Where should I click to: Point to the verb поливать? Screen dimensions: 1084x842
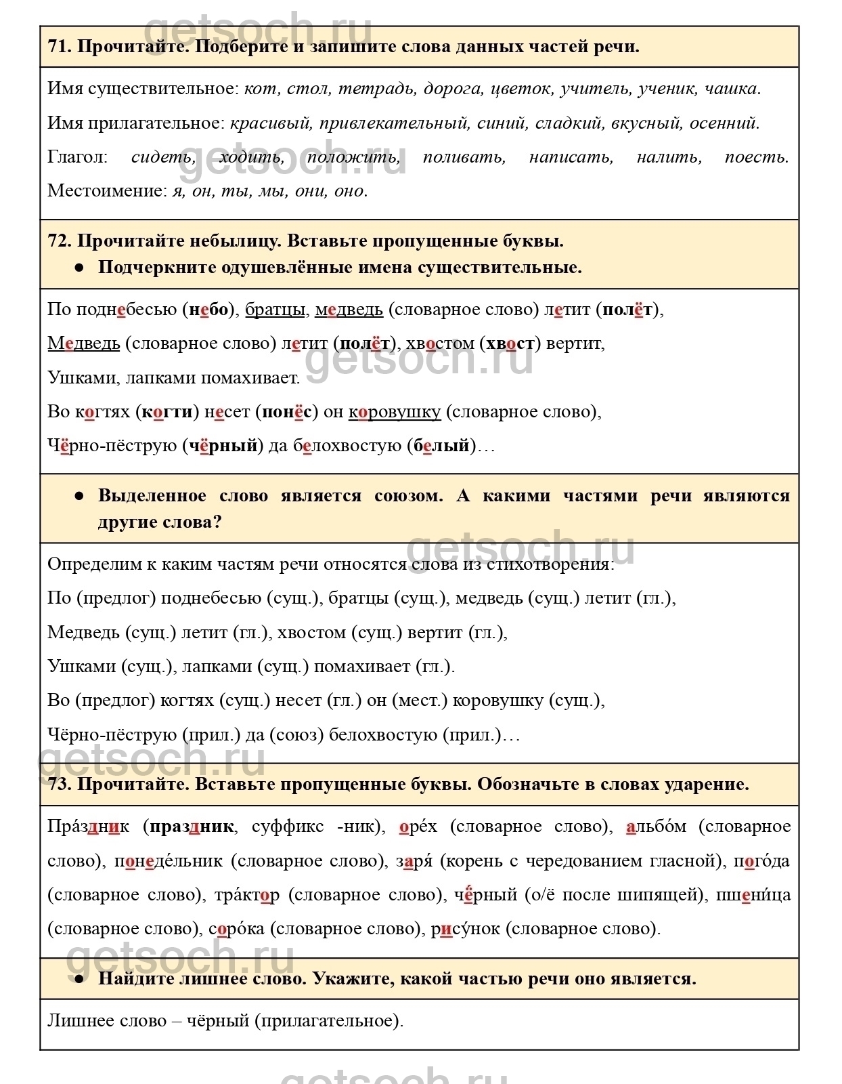(464, 157)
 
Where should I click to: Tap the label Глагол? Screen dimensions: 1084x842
(77, 157)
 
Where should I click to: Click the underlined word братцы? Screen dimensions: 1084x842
(275, 310)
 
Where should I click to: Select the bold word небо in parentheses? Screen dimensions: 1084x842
(208, 310)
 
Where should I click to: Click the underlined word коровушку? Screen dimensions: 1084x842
(394, 412)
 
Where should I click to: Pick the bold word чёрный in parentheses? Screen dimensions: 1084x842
(223, 446)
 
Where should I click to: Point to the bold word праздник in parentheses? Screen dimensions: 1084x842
(192, 827)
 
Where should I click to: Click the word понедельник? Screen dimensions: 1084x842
(168, 861)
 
